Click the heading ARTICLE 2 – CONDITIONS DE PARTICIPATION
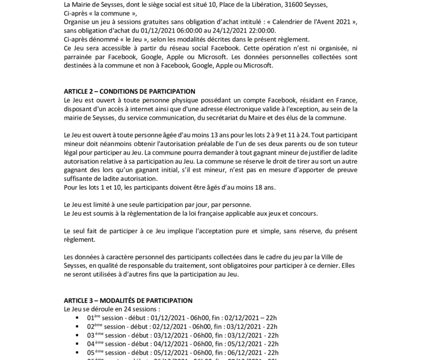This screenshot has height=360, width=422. pyautogui.click(x=129, y=91)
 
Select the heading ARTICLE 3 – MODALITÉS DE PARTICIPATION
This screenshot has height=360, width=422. pyautogui.click(x=128, y=300)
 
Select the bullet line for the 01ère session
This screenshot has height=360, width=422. pyautogui.click(x=182, y=318)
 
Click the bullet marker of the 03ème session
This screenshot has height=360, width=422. pyautogui.click(x=78, y=335)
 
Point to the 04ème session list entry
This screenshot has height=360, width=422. pyautogui.click(x=182, y=344)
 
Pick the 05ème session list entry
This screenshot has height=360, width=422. pyautogui.click(x=182, y=353)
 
